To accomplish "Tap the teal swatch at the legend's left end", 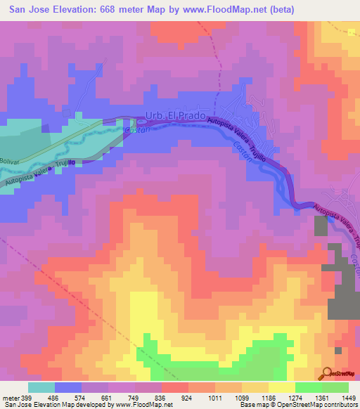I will coord(41,387).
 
